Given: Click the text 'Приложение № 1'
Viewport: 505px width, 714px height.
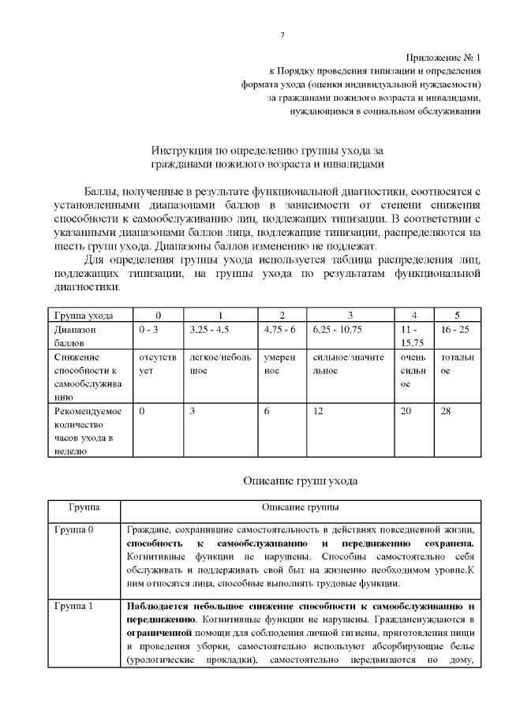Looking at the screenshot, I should pyautogui.click(x=443, y=58).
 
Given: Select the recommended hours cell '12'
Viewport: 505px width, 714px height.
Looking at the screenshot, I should pyautogui.click(x=318, y=411).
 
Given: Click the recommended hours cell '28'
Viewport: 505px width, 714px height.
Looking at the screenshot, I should pyautogui.click(x=447, y=411).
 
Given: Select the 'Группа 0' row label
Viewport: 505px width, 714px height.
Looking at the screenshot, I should pyautogui.click(x=74, y=529).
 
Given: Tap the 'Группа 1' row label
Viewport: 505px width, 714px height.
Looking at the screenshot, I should pyautogui.click(x=74, y=606).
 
